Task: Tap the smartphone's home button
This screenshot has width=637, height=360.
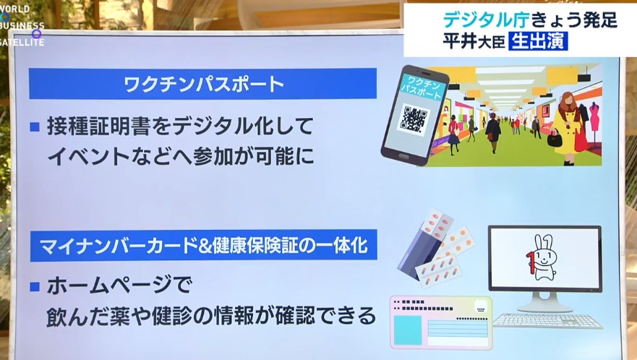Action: (x=403, y=156)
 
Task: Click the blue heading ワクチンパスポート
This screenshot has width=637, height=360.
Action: (x=202, y=84)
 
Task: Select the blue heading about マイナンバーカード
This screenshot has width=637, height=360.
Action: (x=203, y=245)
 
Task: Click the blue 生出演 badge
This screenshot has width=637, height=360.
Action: (x=538, y=41)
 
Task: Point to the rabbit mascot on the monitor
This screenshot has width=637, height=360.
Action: (x=542, y=257)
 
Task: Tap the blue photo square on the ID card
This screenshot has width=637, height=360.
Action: (x=408, y=330)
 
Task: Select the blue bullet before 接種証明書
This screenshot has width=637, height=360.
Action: (x=35, y=127)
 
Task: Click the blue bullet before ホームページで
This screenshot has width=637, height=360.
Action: (x=35, y=287)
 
